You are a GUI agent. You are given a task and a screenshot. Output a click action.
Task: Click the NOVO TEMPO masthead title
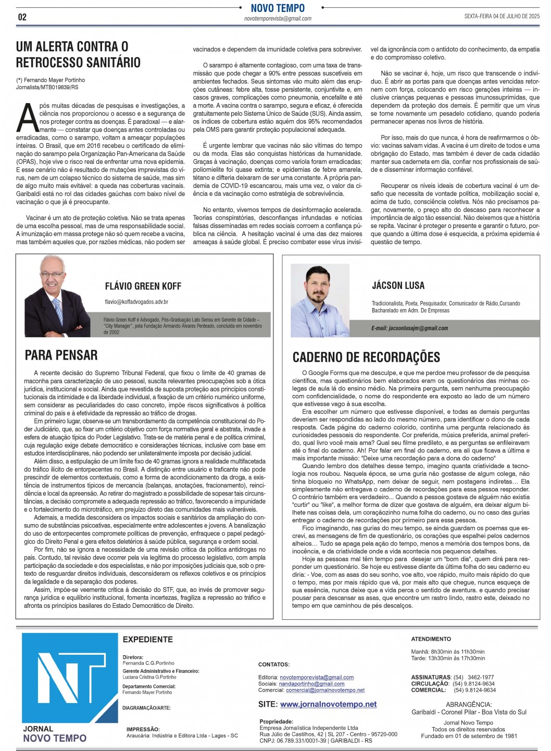coord(278,8)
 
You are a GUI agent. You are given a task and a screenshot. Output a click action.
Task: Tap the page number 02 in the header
coord(22,17)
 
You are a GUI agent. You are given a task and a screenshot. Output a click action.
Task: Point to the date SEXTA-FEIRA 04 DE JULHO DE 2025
coord(502,16)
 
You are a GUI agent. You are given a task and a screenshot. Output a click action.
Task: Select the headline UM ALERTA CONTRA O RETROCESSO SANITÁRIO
coord(78,55)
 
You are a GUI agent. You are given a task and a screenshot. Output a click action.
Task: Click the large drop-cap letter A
coord(27,118)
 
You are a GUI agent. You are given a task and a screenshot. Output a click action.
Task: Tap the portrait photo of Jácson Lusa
coord(320,295)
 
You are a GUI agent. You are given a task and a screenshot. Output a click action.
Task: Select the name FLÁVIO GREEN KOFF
coord(143,286)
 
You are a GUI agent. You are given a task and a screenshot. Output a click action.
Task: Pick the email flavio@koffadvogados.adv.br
coord(136,302)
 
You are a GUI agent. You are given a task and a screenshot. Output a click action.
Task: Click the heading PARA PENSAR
coord(61,355)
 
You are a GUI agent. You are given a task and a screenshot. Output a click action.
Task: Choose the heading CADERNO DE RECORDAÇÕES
coord(366,358)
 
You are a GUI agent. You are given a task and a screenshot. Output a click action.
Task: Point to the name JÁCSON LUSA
coord(398,285)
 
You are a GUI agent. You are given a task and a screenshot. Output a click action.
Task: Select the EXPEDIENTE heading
coord(147,640)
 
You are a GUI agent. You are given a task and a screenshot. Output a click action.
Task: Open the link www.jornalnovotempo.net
coord(328,704)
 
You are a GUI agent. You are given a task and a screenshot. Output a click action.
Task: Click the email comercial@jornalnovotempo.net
coord(325,690)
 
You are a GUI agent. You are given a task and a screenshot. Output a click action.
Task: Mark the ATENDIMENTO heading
coord(431,639)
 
